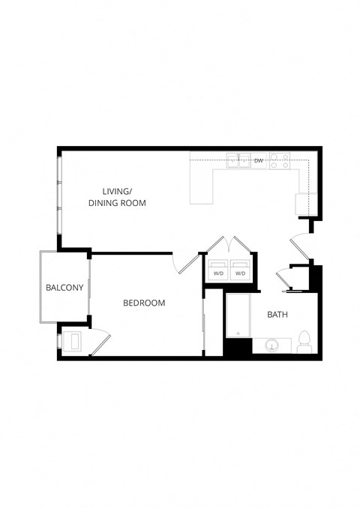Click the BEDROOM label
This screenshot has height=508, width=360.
144,303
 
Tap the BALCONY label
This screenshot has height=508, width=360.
64,288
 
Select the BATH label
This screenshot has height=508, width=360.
277,315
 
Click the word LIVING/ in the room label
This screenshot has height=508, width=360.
117,191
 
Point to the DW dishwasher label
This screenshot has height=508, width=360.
258,160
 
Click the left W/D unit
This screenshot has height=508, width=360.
218,269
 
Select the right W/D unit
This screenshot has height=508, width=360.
240,269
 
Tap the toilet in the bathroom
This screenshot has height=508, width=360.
304,342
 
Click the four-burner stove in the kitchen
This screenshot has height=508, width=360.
280,160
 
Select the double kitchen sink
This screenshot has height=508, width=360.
239,160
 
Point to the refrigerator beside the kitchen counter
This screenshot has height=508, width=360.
307,203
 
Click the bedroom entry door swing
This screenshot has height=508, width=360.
183,263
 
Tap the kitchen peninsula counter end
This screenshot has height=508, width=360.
201,187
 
